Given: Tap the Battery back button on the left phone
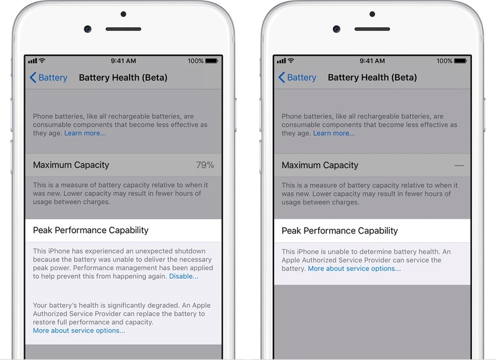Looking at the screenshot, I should (x=48, y=77).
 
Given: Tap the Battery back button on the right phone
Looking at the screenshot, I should (x=297, y=77).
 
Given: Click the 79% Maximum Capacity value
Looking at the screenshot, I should (x=205, y=165).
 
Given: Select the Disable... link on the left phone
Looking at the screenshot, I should (x=184, y=276).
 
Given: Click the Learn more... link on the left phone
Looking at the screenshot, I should (x=85, y=133).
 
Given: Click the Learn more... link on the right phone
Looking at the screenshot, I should (x=334, y=133).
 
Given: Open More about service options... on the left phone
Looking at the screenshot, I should (x=79, y=330).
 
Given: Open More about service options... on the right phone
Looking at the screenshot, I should (x=354, y=269).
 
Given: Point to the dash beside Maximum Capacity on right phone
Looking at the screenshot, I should (x=459, y=165).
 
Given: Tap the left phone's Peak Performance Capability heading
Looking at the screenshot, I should (x=91, y=230).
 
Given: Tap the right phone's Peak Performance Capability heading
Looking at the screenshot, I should (x=339, y=230).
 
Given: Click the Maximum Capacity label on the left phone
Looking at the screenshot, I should (x=71, y=165).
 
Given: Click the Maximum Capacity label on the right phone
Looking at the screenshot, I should (x=320, y=165).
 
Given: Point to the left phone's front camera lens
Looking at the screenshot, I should (x=88, y=29).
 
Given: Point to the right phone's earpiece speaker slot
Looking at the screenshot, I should (x=372, y=29).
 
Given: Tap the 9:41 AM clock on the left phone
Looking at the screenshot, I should (x=123, y=61).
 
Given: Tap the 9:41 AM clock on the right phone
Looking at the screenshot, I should (x=372, y=61).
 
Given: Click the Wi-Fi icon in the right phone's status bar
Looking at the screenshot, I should (x=291, y=61).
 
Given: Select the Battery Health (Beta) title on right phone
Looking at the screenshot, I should (x=372, y=77).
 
